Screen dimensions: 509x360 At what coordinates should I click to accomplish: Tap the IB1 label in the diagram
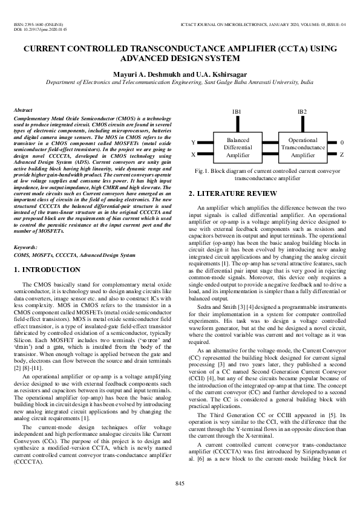(237, 112)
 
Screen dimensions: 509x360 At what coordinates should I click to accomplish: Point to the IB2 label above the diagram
(302, 112)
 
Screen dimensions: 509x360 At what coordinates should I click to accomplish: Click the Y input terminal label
(193, 143)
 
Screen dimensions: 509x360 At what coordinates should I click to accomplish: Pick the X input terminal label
(193, 155)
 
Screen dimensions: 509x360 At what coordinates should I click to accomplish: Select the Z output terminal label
(342, 155)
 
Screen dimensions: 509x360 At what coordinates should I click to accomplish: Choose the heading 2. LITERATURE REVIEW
(232, 194)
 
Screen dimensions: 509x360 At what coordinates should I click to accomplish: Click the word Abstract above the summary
(23, 111)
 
